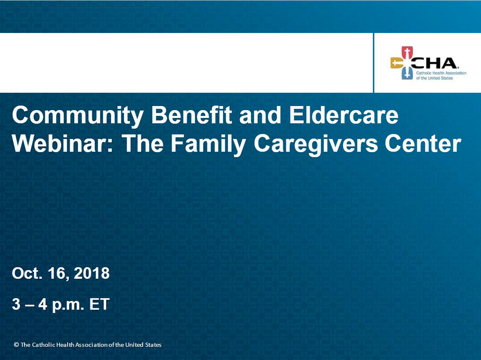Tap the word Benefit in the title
(191, 115)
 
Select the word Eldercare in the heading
(343, 115)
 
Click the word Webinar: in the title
(63, 144)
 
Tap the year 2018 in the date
(92, 273)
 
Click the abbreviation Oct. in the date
(27, 273)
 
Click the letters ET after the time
(99, 304)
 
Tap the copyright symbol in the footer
(16, 345)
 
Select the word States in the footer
(153, 345)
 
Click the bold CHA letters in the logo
(433, 63)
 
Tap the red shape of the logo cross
(407, 52)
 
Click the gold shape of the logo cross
(396, 63)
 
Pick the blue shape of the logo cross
(407, 74)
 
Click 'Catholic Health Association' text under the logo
(441, 73)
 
